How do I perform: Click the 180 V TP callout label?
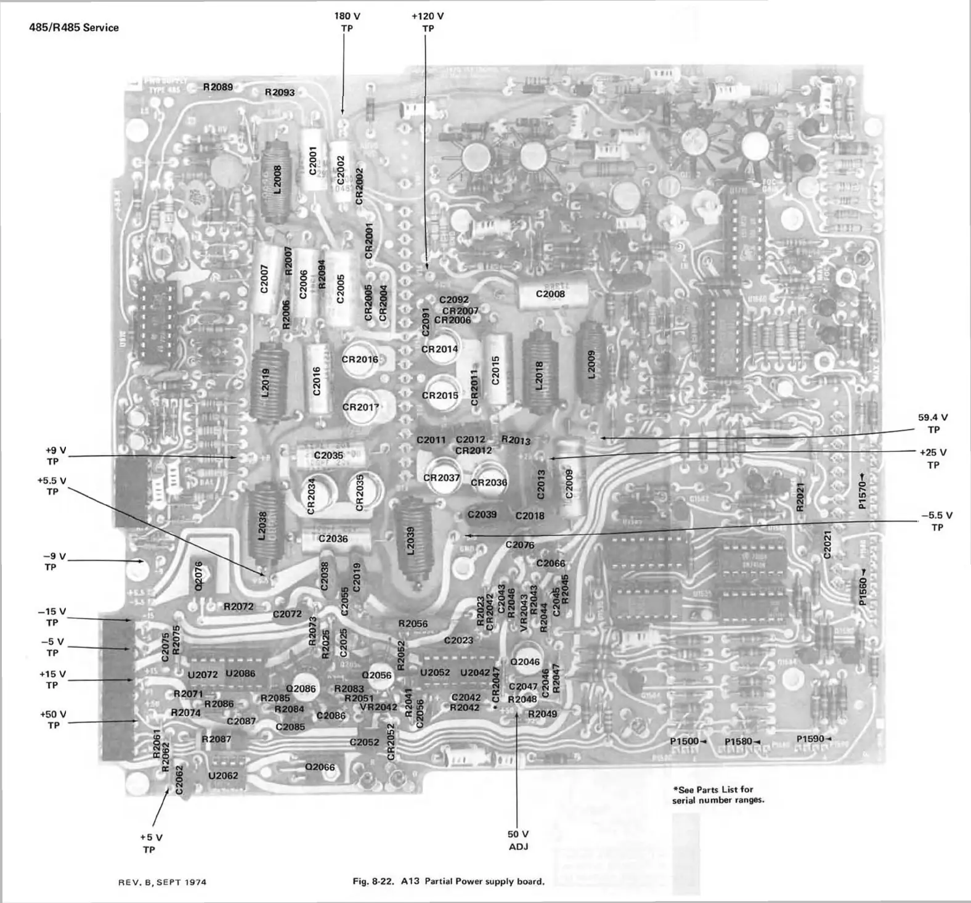click(347, 22)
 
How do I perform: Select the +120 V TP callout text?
click(428, 22)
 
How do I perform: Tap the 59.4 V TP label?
click(933, 423)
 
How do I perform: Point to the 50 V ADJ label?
click(518, 840)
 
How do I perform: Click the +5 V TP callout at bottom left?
click(150, 843)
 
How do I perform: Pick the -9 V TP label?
click(51, 562)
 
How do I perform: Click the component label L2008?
click(277, 179)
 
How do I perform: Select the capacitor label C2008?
click(550, 294)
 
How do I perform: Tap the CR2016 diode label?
click(360, 359)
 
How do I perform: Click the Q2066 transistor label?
click(320, 767)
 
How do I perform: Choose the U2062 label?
click(223, 775)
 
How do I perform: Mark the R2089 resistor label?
click(218, 87)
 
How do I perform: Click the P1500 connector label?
click(685, 741)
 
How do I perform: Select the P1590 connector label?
click(810, 738)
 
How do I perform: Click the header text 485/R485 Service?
click(74, 27)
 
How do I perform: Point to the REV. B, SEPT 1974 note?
click(162, 882)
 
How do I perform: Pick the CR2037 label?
click(441, 478)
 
